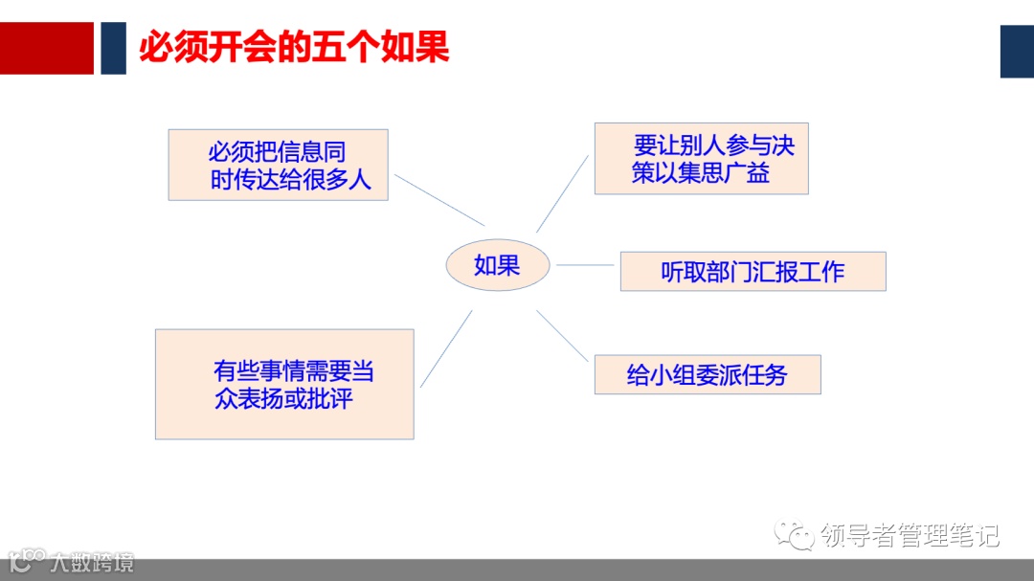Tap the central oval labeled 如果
pos(498,265)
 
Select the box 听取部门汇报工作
pos(753,272)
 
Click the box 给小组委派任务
pos(707,374)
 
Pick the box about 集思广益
pos(701,159)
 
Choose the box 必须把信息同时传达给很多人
pos(278,165)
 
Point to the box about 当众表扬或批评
pos(284,384)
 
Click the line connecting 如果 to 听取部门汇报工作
pos(585,265)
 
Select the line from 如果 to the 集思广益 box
pos(562,193)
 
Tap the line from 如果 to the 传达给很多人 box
pos(439,199)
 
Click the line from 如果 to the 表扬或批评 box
pos(446,348)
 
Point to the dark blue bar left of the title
pos(113,48)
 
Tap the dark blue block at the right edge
pos(1017,52)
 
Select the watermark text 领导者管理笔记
pos(910,535)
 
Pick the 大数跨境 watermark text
pos(93,562)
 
